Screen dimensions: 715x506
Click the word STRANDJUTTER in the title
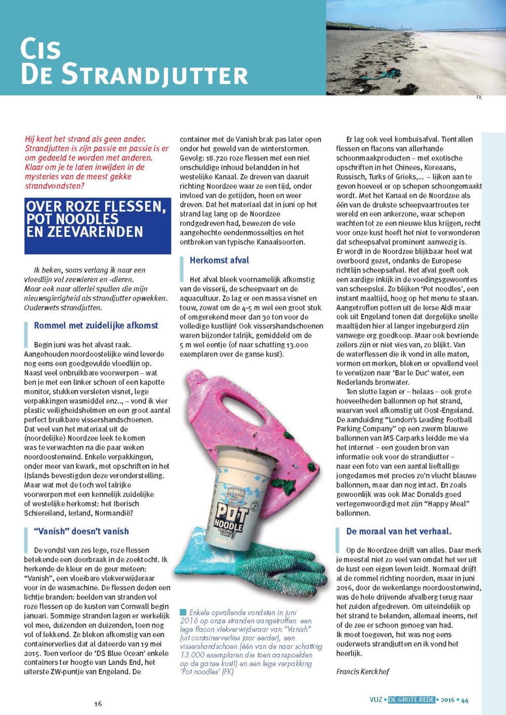(x=154, y=75)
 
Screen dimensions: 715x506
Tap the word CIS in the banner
(x=40, y=49)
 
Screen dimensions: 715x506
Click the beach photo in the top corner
(x=415, y=48)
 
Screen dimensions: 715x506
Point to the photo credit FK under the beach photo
(x=479, y=98)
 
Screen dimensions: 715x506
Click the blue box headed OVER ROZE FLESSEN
(x=98, y=226)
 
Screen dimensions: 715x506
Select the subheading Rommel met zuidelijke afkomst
(x=96, y=325)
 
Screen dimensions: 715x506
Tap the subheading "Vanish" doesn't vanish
(x=81, y=531)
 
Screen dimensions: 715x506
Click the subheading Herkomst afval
(x=219, y=260)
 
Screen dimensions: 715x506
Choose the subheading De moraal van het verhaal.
(x=399, y=531)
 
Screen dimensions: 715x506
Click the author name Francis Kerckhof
(x=363, y=671)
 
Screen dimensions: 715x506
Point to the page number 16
(x=98, y=703)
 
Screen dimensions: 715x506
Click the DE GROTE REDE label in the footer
(x=411, y=700)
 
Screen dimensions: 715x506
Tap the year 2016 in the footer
(x=447, y=700)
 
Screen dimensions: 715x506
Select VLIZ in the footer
(x=376, y=700)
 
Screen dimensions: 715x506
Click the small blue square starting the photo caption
(x=183, y=613)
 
